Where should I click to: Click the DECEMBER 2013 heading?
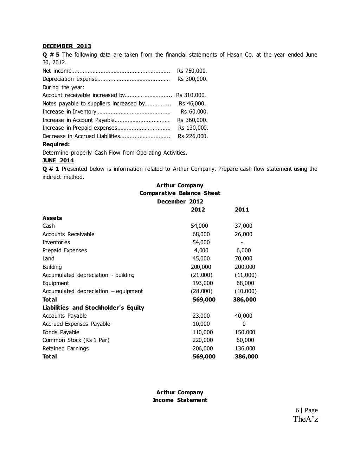click(66, 46)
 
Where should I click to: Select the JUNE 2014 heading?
click(58, 161)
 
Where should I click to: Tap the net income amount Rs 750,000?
click(192, 71)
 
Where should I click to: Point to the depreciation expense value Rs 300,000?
click(192, 79)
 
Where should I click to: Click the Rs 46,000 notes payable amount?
click(192, 104)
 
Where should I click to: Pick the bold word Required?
click(56, 144)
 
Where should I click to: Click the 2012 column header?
click(198, 210)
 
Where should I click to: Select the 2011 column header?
click(242, 210)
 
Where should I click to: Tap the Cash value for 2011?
click(243, 226)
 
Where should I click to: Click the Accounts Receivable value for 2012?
click(201, 234)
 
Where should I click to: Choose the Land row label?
click(49, 259)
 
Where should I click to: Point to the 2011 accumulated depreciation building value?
click(245, 275)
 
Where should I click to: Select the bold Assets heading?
click(52, 218)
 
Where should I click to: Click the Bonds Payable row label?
click(61, 332)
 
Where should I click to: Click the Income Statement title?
click(180, 400)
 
